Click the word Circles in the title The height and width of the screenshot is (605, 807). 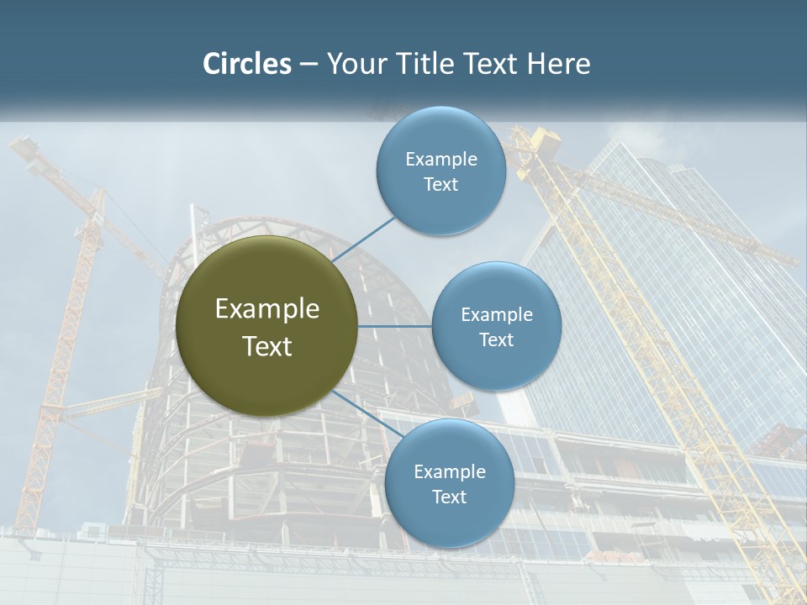246,64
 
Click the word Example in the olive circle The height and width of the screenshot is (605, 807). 267,309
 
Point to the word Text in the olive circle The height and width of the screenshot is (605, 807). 267,346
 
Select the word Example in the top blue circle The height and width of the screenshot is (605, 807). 440,159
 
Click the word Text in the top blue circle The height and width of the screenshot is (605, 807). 440,184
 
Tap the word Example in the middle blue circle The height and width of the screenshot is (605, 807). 496,314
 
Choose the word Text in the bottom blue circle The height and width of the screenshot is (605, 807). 449,497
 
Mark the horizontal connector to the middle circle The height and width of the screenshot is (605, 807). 395,326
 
